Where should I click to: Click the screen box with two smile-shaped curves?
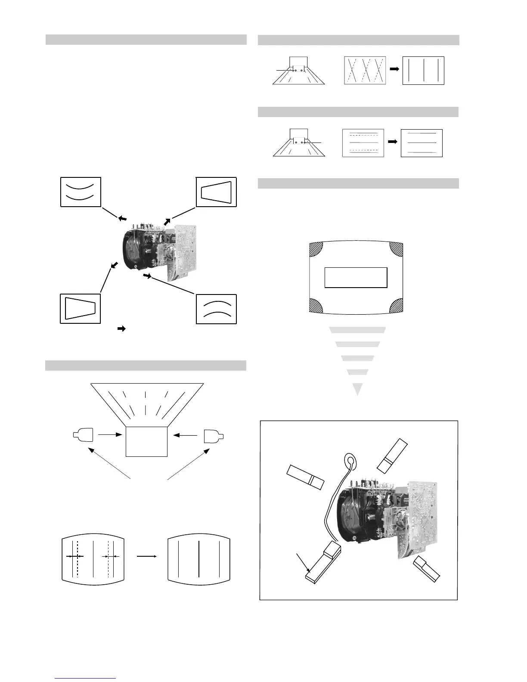[81, 192]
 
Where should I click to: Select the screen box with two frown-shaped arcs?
[217, 309]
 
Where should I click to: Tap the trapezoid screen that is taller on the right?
[217, 192]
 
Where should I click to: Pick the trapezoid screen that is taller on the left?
[81, 309]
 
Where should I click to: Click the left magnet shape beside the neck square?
[83, 435]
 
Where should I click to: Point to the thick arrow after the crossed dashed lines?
[394, 69]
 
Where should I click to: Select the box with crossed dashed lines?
[365, 70]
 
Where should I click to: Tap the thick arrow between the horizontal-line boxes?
[392, 142]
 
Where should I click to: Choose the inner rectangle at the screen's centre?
[356, 278]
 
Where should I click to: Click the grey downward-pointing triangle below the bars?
[357, 389]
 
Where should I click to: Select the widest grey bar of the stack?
[357, 330]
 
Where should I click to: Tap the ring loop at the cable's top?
[351, 462]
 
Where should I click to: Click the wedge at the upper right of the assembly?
[391, 455]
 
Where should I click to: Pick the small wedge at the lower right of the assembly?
[427, 568]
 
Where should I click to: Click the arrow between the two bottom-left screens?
[146, 556]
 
